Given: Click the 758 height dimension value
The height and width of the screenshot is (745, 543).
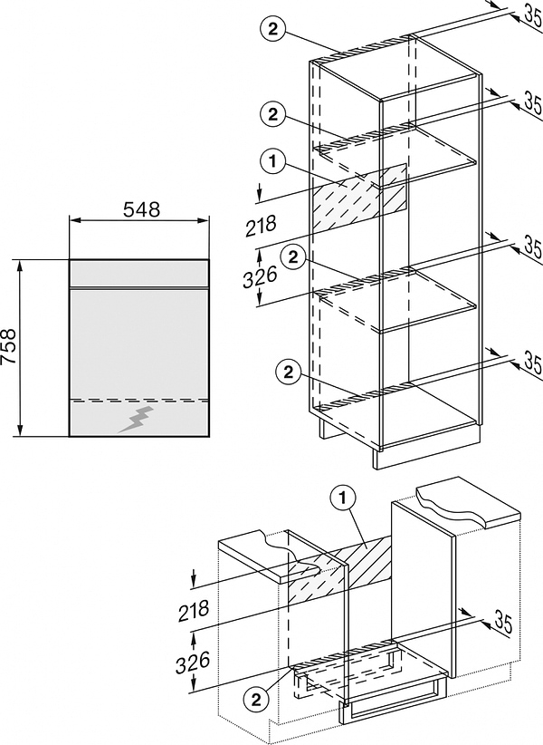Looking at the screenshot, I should point(10,346).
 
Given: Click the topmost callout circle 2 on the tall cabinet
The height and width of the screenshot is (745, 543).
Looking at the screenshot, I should point(269,28).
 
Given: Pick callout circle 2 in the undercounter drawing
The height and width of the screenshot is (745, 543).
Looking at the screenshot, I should point(257,699).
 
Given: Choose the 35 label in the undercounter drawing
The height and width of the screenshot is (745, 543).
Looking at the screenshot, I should point(502,624).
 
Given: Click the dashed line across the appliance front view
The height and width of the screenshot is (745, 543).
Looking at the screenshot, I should point(139,398).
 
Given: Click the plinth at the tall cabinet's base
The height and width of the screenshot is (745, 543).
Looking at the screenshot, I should point(425,457).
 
